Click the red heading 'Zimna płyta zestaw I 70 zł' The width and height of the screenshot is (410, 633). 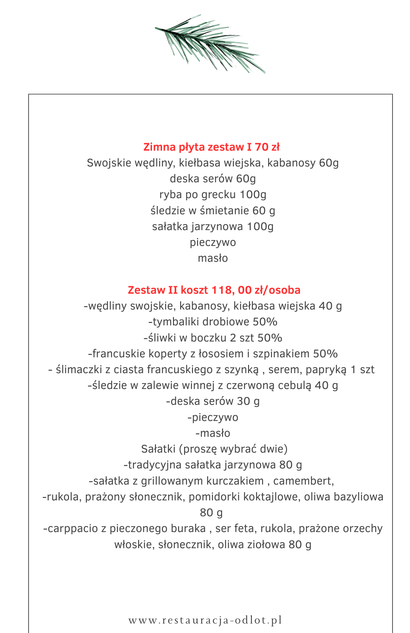tap(211, 147)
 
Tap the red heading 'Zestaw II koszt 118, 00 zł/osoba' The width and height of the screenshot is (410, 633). tap(214, 290)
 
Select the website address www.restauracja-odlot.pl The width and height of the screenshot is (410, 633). tap(205, 620)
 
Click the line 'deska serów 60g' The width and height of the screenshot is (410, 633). tap(213, 179)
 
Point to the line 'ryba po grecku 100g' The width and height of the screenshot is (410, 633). tap(213, 195)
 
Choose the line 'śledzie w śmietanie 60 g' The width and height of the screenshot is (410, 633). tap(213, 210)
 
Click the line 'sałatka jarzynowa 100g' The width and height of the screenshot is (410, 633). tap(213, 227)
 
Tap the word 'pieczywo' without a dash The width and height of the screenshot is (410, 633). tap(213, 242)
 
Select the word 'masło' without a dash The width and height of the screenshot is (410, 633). tap(213, 258)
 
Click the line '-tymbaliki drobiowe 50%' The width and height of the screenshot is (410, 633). tap(213, 322)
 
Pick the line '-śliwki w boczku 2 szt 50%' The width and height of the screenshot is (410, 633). tap(213, 338)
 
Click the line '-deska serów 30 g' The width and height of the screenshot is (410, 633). tap(213, 401)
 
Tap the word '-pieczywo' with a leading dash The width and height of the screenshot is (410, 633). tap(213, 417)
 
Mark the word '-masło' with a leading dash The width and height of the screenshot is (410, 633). tap(213, 433)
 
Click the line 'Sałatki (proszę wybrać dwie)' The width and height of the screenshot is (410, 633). tap(214, 449)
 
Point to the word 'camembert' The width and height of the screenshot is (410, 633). tap(303, 481)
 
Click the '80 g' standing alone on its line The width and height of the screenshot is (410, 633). tap(211, 512)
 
